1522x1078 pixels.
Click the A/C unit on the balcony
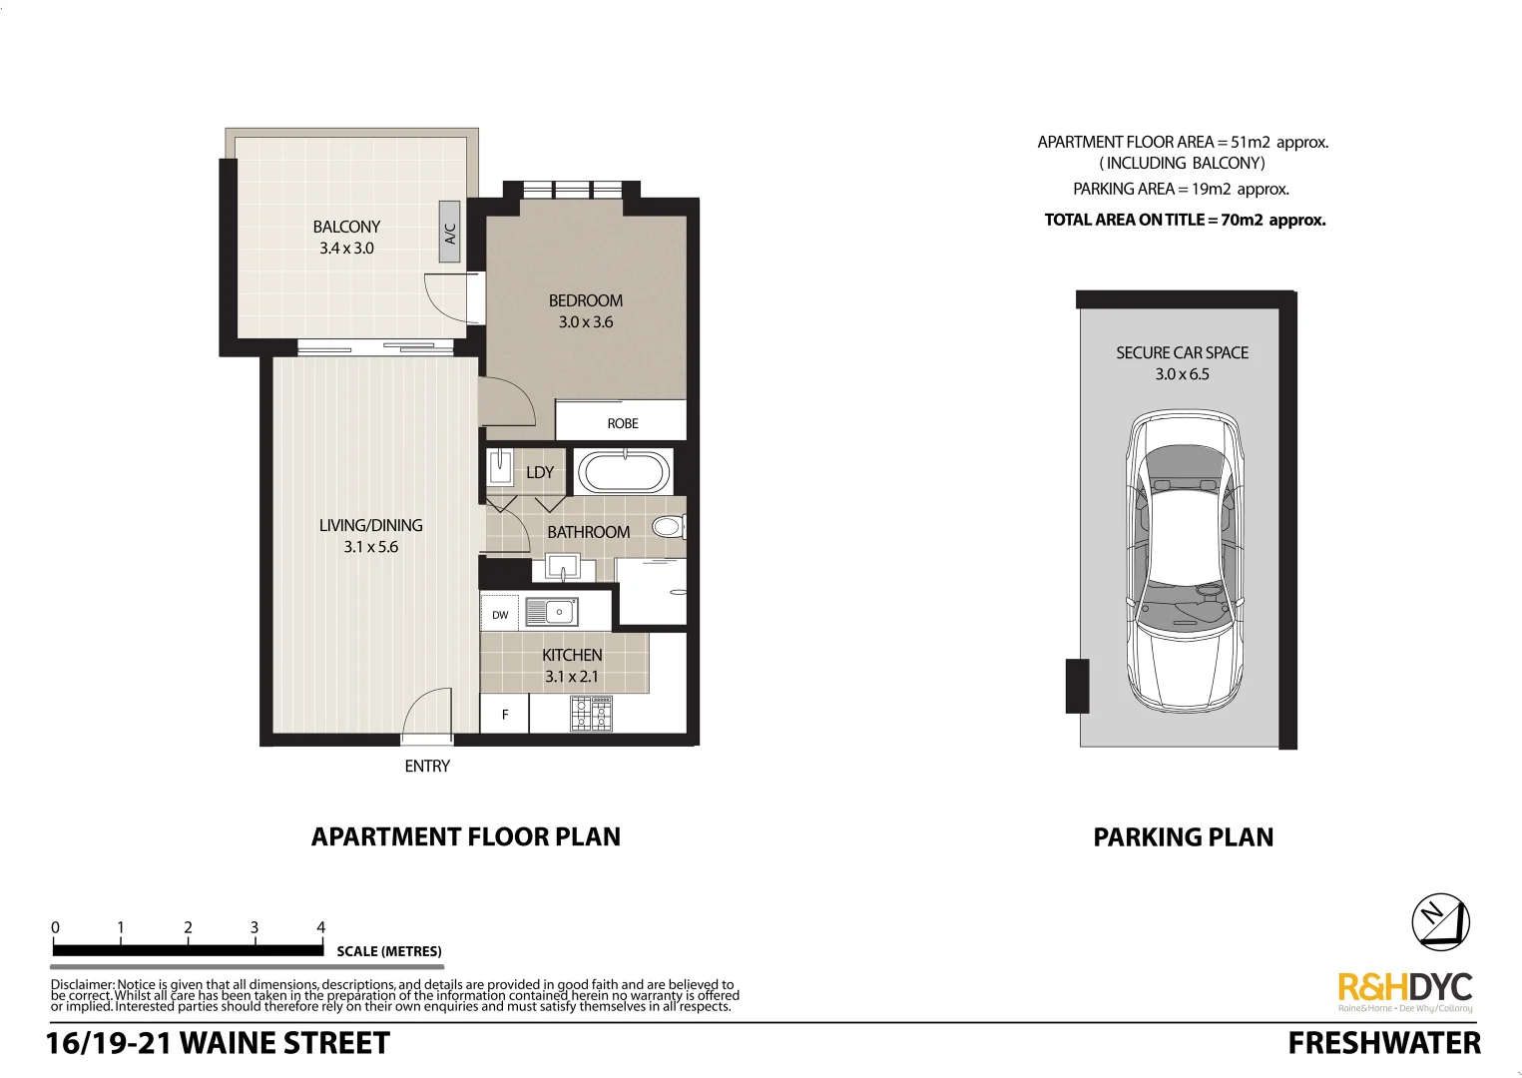[x=449, y=232]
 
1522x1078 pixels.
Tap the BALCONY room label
[x=346, y=227]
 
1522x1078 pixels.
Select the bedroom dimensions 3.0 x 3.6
[x=586, y=322]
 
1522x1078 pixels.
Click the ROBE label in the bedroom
[x=622, y=423]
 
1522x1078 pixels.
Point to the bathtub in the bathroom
[x=624, y=473]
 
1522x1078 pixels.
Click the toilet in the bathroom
[x=667, y=526]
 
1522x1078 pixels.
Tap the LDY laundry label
[x=540, y=472]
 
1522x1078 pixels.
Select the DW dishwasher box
[x=500, y=615]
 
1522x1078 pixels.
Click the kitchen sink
[x=551, y=612]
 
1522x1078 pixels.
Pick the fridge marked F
[x=505, y=715]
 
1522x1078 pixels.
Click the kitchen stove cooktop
[x=591, y=714]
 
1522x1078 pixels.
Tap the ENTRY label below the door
[x=427, y=766]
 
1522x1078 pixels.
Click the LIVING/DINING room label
[x=370, y=525]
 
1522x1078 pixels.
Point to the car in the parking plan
[x=1185, y=561]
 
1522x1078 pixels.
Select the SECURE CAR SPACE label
[x=1182, y=352]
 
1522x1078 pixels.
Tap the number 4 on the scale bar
[x=320, y=927]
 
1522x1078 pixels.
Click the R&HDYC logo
[x=1404, y=988]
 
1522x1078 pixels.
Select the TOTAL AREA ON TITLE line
[x=1185, y=220]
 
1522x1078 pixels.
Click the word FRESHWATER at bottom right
[x=1384, y=1043]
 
